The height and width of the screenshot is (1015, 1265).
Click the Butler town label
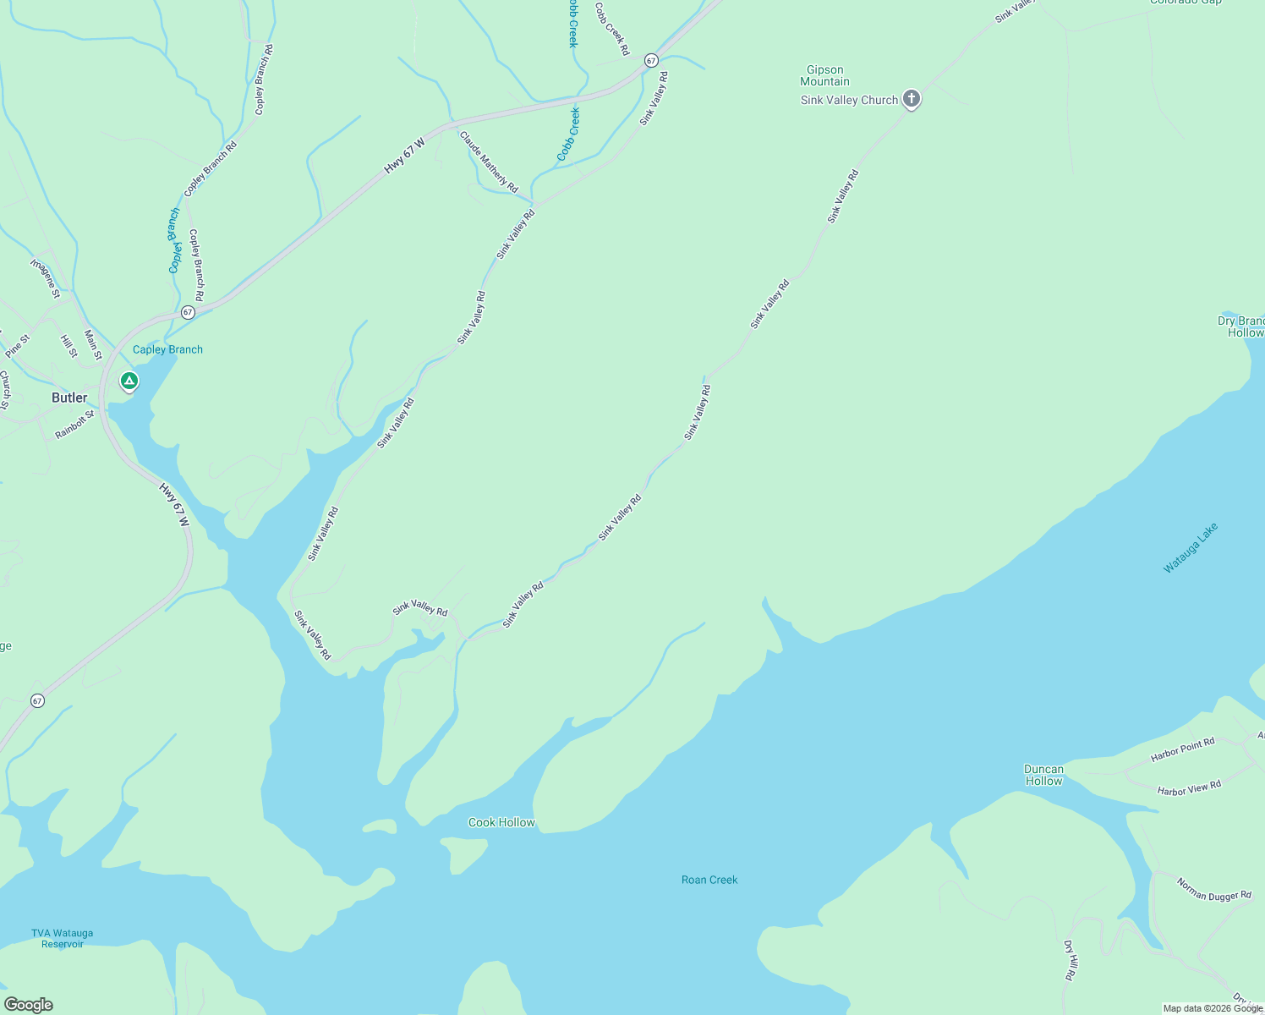point(69,398)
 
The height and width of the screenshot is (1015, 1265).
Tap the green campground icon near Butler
point(129,381)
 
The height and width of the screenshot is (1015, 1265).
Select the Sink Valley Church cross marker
point(911,99)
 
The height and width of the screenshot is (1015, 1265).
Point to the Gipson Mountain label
point(824,76)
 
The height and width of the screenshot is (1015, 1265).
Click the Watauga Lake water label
point(1190,548)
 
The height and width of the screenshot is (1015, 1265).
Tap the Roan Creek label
point(709,880)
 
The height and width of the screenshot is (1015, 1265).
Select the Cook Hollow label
point(501,822)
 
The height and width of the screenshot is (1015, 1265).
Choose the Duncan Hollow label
point(1043,775)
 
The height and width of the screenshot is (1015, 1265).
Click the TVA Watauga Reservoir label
point(63,938)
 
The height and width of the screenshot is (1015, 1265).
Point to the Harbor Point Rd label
point(1182,749)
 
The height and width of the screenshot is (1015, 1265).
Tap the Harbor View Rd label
point(1189,788)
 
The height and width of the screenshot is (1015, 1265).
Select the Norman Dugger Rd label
point(1213,890)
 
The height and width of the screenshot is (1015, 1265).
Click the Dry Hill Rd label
point(1070,960)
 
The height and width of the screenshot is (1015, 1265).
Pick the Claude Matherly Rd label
point(488,161)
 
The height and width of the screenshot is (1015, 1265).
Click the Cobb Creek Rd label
point(611,30)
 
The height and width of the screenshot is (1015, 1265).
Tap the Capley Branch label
point(167,349)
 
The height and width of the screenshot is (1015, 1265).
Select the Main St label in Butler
point(93,344)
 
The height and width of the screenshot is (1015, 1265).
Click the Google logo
point(29,1005)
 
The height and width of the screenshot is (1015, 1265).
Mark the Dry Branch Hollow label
point(1241,326)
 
